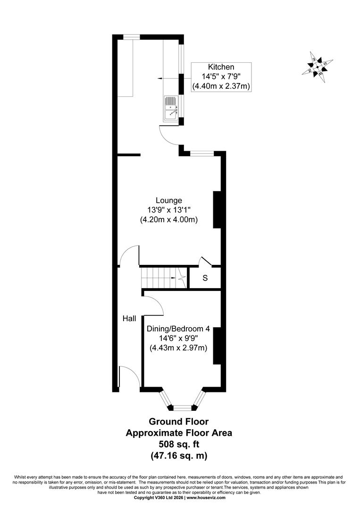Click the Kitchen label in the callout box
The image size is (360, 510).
221,67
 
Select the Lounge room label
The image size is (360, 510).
169,200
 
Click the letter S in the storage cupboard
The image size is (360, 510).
205,278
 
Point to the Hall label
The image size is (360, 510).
129,319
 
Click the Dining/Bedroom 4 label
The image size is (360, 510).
178,329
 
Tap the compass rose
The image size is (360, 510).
317,68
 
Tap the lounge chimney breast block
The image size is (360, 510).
217,210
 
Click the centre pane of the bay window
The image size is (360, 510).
182,407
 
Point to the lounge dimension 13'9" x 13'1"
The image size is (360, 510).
169,210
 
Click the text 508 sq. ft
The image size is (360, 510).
179,444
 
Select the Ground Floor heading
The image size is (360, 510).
179,422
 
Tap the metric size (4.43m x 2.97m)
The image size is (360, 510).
178,348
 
